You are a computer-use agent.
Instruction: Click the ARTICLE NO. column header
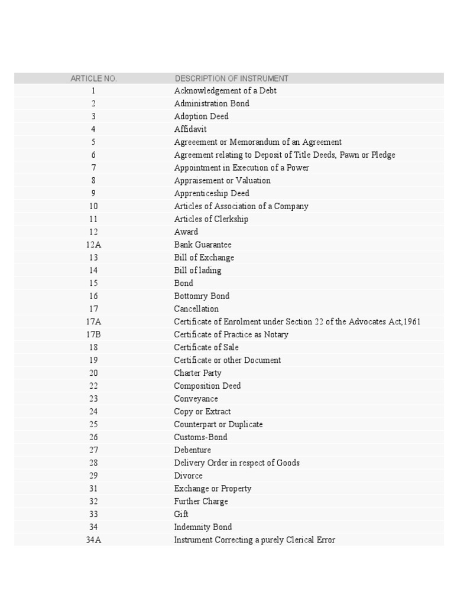93,79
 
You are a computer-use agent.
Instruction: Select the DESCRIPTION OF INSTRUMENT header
231,79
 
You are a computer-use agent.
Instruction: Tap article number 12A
93,245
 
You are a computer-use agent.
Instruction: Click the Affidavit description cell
190,129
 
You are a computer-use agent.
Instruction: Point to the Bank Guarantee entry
203,245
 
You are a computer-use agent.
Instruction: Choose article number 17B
93,334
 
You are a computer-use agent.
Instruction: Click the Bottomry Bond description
202,296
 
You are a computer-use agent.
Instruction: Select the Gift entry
181,514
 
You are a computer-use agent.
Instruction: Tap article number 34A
93,540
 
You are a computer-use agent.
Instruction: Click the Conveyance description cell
196,399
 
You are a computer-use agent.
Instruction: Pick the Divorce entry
188,476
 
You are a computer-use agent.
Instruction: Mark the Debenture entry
192,450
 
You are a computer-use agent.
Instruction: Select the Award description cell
186,232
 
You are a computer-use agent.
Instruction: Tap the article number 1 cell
93,91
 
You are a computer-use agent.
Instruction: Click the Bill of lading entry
197,271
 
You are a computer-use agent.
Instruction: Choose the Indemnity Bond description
203,527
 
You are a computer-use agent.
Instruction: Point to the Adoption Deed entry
201,116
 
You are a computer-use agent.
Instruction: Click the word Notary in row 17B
276,334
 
